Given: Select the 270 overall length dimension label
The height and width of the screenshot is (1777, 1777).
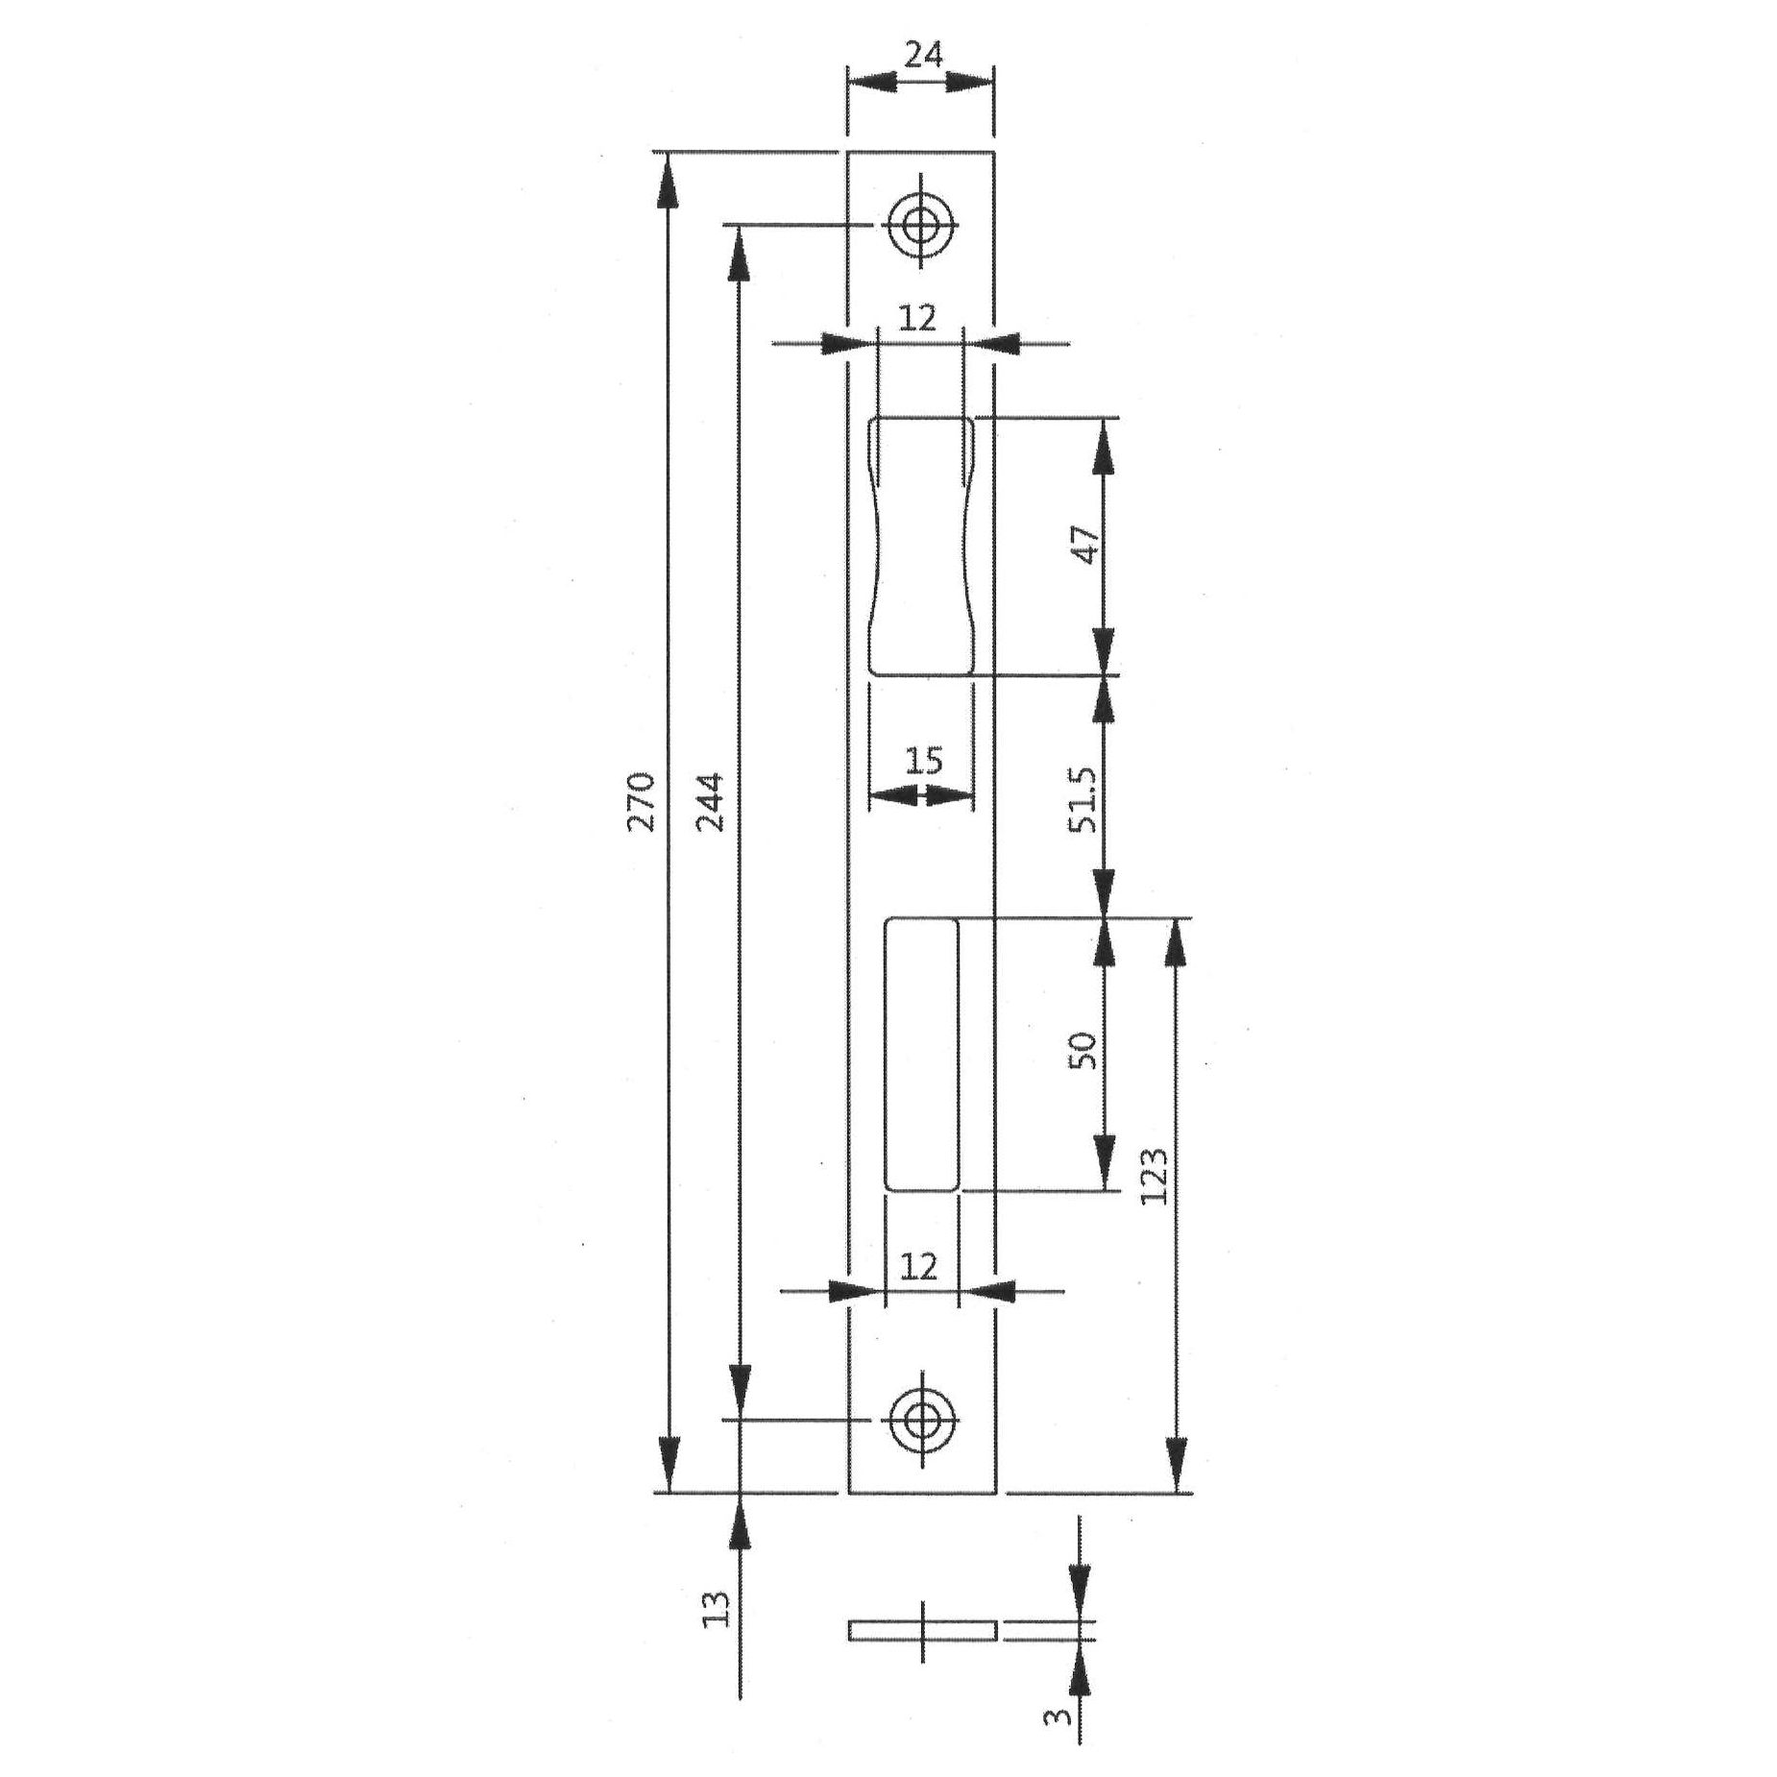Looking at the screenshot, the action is click(x=642, y=801).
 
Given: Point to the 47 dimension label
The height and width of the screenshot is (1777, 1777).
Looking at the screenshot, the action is click(x=1084, y=546).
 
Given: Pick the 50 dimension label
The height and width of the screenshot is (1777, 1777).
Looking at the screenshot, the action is click(x=1084, y=1051).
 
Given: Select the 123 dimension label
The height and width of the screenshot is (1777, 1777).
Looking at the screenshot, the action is click(x=1156, y=1175).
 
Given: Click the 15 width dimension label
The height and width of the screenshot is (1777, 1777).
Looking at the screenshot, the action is click(x=923, y=761).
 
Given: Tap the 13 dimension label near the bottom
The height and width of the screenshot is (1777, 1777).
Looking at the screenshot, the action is click(x=718, y=1608).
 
